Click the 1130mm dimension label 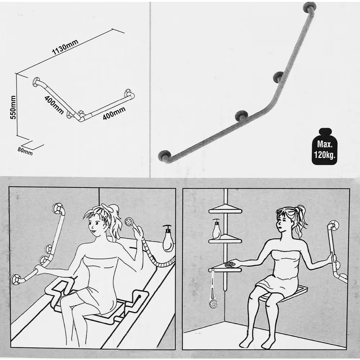(65, 47)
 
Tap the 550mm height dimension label (13, 107)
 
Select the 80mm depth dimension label (25, 151)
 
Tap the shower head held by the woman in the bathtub (129, 222)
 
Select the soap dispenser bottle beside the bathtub (168, 238)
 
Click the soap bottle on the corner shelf (216, 229)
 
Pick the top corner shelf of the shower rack (225, 210)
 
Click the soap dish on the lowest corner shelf (230, 264)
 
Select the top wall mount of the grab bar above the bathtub (58, 208)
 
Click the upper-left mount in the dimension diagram (37, 82)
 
